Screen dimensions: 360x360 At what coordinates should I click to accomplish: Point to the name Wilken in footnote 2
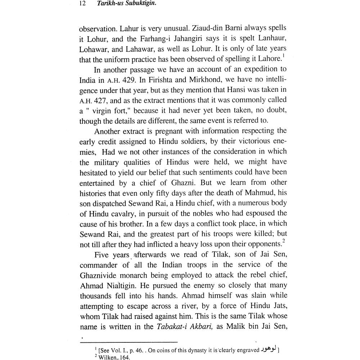(107, 357)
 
